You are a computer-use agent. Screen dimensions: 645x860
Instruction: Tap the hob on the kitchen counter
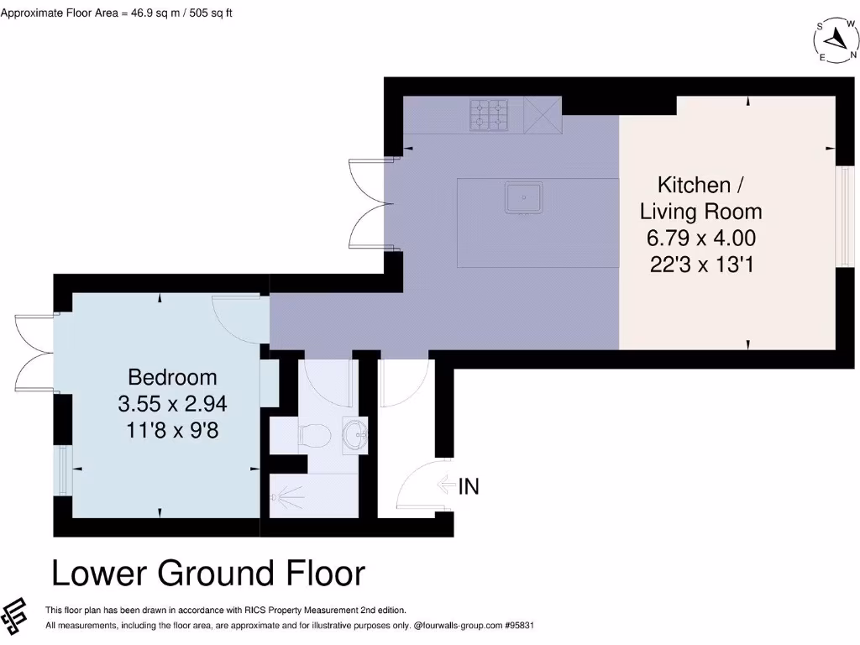(489, 115)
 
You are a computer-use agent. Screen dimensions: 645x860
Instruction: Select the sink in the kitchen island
(523, 198)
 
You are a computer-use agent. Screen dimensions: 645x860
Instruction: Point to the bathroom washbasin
(356, 435)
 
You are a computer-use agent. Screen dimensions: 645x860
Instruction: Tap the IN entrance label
(469, 485)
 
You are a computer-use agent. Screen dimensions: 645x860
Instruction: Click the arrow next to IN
(446, 485)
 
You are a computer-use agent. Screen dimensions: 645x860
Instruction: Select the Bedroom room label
(172, 377)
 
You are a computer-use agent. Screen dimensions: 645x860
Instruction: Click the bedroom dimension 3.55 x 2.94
(172, 403)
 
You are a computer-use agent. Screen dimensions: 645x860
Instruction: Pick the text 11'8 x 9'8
(172, 429)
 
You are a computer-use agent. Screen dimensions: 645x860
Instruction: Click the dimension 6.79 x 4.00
(700, 238)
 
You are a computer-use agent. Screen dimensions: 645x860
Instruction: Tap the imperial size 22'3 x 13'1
(700, 265)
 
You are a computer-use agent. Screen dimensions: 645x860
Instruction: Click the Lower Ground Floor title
(208, 574)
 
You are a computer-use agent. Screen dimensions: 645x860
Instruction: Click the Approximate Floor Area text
(117, 13)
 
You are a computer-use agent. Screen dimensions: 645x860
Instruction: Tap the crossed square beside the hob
(542, 115)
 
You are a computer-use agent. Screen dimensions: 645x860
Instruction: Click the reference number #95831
(517, 626)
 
